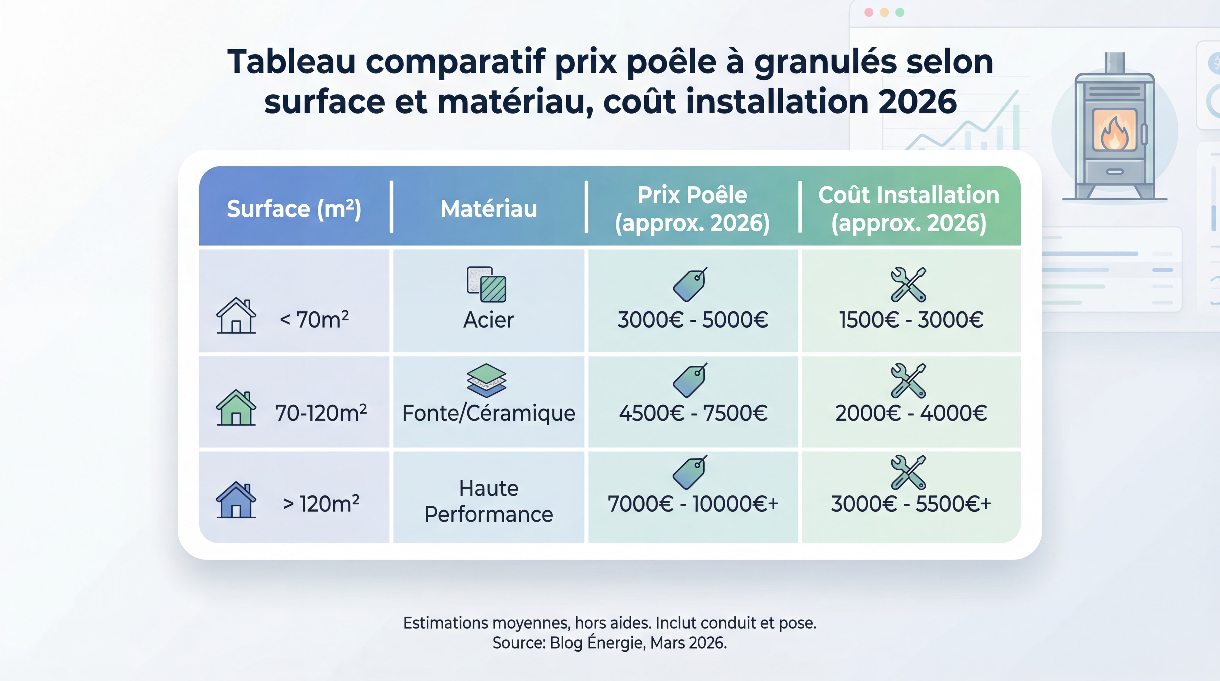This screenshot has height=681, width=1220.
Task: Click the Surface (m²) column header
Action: pos(294,209)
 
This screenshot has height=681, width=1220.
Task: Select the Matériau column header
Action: pos(489,209)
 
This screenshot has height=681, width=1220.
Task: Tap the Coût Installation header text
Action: pos(908,195)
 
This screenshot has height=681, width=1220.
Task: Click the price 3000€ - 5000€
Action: pos(692,320)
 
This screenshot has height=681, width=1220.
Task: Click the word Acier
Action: pos(488,320)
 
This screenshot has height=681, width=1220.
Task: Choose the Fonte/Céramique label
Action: pos(488,413)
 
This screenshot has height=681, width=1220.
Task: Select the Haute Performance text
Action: pos(488,501)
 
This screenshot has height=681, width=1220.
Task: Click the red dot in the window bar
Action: pos(869,12)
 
